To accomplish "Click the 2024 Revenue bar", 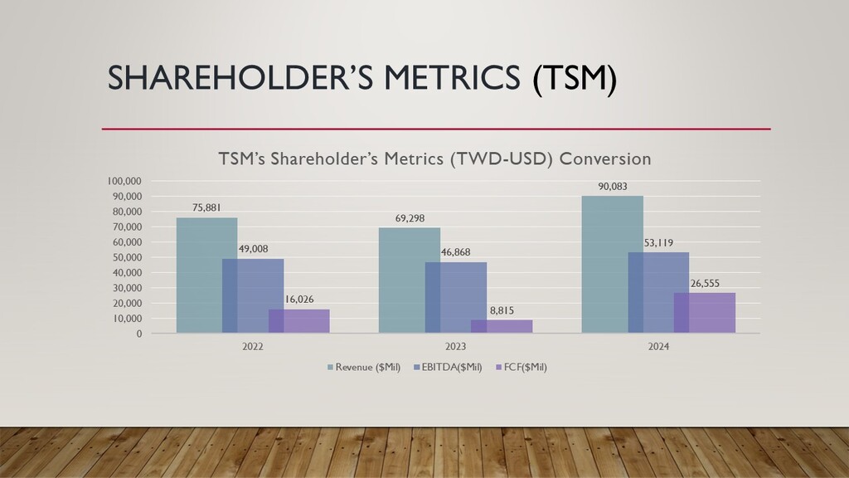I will [x=612, y=264].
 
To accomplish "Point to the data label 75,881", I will [x=206, y=207].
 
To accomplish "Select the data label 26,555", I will [x=704, y=282].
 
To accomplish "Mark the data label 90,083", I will [x=612, y=187].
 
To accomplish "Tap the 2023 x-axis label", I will [x=455, y=346].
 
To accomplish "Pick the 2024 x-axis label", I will [x=658, y=346].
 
